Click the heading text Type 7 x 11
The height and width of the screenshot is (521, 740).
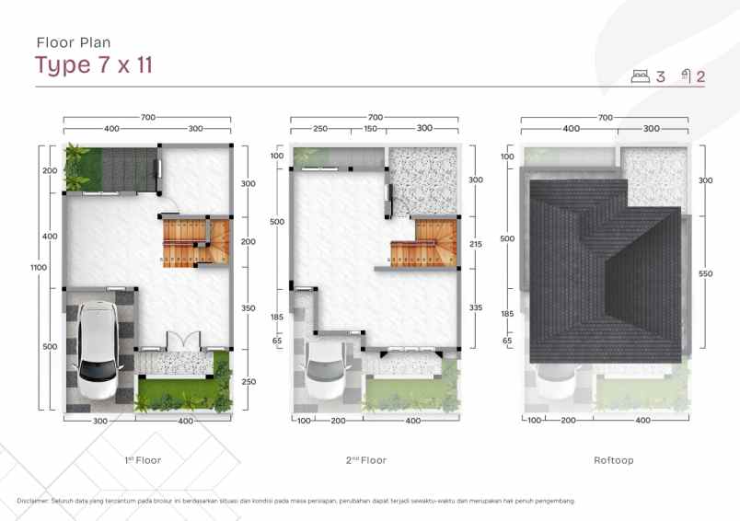click(94, 65)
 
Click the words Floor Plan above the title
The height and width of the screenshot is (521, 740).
click(73, 41)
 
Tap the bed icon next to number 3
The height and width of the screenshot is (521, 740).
click(642, 76)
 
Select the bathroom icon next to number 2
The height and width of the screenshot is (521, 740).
click(686, 76)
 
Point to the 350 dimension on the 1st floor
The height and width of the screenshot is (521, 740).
click(249, 308)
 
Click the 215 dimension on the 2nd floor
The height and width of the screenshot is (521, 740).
click(476, 244)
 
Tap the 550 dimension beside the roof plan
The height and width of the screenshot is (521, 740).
click(706, 274)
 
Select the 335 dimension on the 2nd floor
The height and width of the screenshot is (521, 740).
click(476, 307)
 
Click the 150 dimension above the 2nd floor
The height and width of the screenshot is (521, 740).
click(370, 129)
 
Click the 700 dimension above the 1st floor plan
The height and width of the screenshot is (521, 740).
click(146, 117)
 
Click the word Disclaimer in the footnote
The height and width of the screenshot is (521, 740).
click(35, 501)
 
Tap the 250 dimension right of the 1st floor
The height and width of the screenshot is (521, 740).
click(249, 382)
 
